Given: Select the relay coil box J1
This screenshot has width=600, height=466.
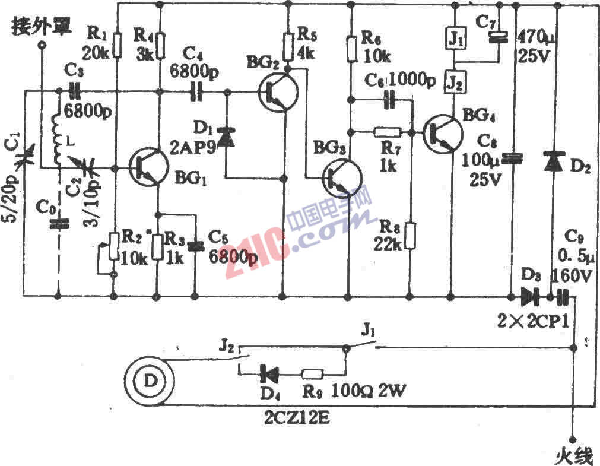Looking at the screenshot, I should (x=454, y=40).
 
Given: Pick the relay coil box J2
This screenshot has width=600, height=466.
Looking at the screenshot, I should (x=454, y=83).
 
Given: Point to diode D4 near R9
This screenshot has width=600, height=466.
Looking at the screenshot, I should (x=269, y=375).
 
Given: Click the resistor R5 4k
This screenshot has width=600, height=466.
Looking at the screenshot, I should (x=288, y=45).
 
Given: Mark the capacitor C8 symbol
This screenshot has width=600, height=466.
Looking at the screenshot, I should (x=515, y=159).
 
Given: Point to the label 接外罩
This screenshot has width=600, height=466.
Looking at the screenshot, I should (x=42, y=26).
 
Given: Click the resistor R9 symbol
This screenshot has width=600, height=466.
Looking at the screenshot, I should (x=313, y=375).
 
